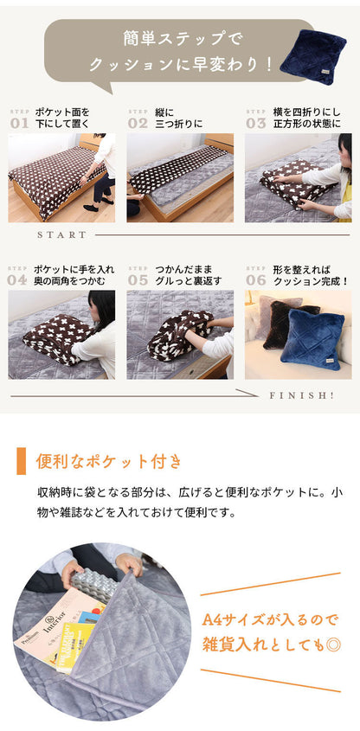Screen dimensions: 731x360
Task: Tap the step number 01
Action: pyautogui.click(x=19, y=123)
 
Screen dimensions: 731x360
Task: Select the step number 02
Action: pyautogui.click(x=138, y=123)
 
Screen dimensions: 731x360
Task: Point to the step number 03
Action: pyautogui.click(x=256, y=123)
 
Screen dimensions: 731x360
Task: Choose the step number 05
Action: pyautogui.click(x=138, y=279)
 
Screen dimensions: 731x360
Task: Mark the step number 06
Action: pyautogui.click(x=256, y=279)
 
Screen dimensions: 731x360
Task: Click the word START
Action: pyautogui.click(x=62, y=234)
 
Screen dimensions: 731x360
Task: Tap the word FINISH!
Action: pyautogui.click(x=302, y=394)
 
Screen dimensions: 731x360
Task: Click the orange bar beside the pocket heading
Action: pyautogui.click(x=22, y=461)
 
